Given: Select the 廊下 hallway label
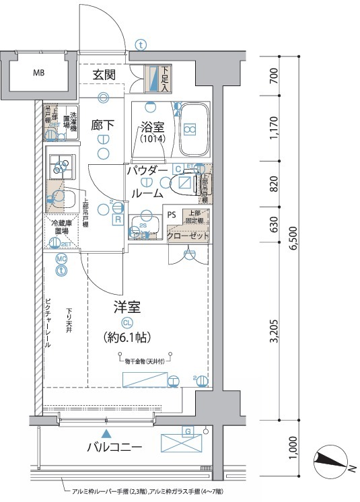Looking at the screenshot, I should click(x=102, y=124).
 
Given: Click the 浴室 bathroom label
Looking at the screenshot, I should click(x=152, y=125).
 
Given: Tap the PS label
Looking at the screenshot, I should click(x=172, y=216).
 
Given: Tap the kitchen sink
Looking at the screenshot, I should click(x=65, y=199).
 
